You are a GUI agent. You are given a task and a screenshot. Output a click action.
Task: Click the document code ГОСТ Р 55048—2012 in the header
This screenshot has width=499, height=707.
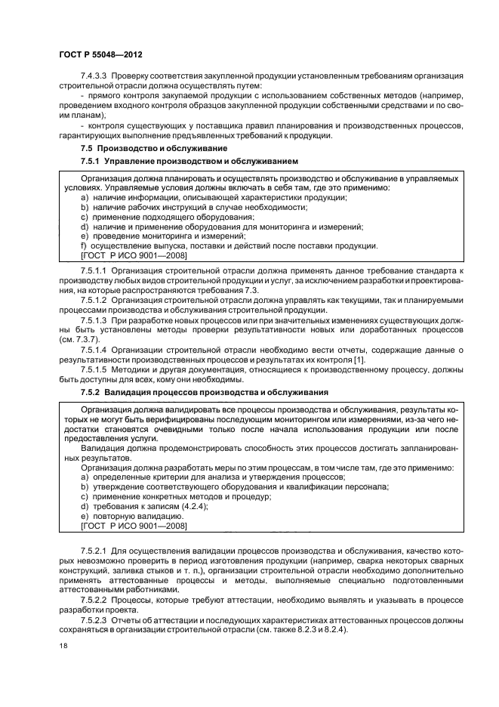pyautogui.click(x=100, y=56)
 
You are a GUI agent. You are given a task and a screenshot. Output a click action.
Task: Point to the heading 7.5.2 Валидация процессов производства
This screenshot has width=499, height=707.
pyautogui.click(x=204, y=392)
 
